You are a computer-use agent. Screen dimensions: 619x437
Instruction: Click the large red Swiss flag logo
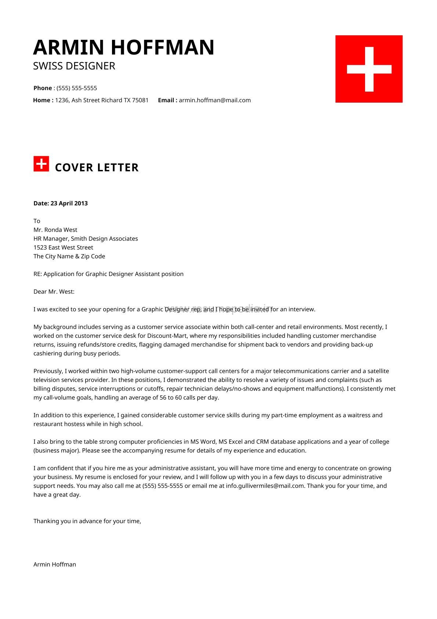click(369, 69)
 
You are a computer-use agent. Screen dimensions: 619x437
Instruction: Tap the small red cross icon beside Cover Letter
click(41, 164)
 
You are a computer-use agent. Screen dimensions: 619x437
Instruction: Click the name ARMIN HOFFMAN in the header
click(124, 47)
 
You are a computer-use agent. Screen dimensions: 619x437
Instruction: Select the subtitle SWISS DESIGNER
click(74, 66)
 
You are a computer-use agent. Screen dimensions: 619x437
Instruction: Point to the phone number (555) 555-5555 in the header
click(77, 88)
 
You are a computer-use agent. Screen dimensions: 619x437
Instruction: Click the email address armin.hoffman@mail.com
click(215, 100)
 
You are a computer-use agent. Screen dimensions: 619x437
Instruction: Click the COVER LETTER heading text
click(97, 168)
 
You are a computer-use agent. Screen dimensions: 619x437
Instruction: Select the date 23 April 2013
click(69, 203)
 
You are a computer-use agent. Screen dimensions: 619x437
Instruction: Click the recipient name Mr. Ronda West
click(55, 230)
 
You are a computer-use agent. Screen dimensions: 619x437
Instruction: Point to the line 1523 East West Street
click(63, 248)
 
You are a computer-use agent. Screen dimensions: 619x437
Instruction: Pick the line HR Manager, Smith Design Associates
click(86, 239)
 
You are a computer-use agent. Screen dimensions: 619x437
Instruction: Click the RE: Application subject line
click(108, 274)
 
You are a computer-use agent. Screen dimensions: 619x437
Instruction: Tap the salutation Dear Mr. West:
click(54, 292)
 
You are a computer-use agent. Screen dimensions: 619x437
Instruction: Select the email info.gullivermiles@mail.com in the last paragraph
click(265, 486)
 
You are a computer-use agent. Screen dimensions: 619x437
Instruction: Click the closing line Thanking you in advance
click(87, 521)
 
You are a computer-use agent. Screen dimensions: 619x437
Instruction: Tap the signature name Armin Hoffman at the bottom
click(55, 565)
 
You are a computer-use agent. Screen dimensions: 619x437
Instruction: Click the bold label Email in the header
click(167, 100)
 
